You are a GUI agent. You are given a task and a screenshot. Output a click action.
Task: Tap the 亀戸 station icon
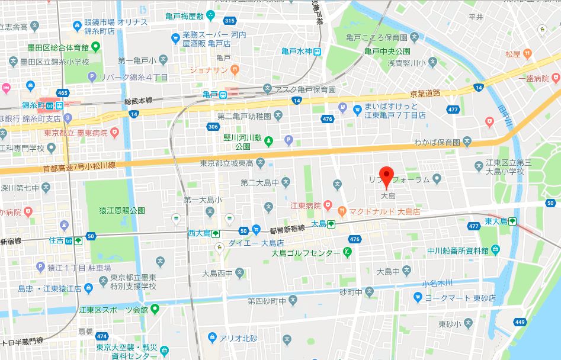(x=223, y=95)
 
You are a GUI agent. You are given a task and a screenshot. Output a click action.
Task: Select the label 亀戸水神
(x=296, y=52)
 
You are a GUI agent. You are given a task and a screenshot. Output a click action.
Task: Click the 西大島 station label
(x=198, y=233)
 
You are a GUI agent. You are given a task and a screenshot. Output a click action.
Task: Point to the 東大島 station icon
(x=511, y=221)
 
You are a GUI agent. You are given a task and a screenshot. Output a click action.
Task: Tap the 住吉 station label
(x=56, y=240)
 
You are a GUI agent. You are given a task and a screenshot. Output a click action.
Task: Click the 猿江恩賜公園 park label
(x=121, y=210)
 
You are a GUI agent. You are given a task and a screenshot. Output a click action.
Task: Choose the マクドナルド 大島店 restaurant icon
(x=342, y=210)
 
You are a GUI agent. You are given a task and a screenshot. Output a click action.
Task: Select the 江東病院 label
(x=305, y=205)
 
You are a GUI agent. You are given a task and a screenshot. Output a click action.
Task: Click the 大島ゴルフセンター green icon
(x=347, y=253)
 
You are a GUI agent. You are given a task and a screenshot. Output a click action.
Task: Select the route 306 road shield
(x=213, y=127)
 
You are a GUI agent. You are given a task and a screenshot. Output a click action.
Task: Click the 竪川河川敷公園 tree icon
(x=268, y=140)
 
